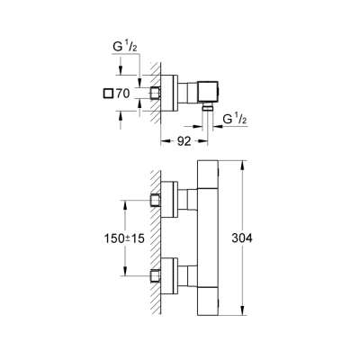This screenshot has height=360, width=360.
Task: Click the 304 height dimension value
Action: pyautogui.click(x=263, y=239)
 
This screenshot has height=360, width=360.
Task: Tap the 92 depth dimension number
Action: pyautogui.click(x=183, y=139)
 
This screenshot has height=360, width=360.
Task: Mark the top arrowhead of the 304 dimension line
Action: pyautogui.click(x=243, y=164)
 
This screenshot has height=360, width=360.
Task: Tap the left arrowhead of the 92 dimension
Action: pyautogui.click(x=164, y=139)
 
